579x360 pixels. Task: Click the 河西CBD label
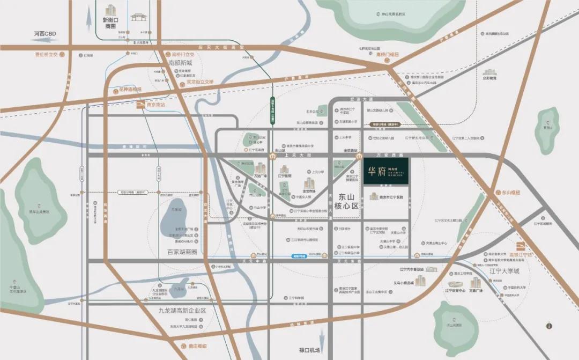click(45, 34)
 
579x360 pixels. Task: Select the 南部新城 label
click(179, 62)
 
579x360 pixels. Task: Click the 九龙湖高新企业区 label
click(179, 311)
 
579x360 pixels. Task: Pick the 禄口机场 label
click(310, 351)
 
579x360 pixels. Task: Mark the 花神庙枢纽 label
click(129, 89)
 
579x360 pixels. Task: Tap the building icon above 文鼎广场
click(476, 282)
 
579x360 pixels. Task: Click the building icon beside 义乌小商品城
click(420, 280)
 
